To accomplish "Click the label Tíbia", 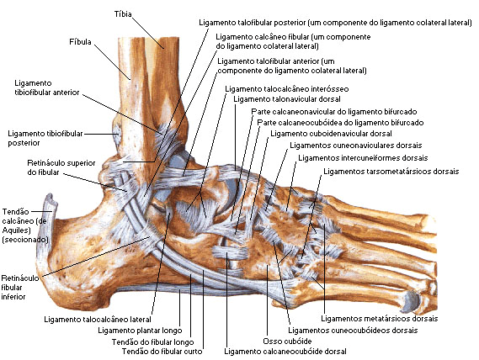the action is (123, 14).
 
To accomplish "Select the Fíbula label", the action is (80, 42).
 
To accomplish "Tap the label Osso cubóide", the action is (287, 341).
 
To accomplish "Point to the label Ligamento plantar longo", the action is (140, 331).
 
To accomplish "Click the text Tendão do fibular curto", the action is (162, 352).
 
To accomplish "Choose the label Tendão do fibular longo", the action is (152, 342).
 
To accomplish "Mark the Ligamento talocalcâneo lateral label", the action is (98, 320).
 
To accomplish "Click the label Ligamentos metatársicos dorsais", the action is (380, 319).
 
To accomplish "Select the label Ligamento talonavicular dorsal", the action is (287, 99).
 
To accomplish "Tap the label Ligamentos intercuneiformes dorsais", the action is (363, 158).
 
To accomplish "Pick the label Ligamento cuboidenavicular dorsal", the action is (331, 134).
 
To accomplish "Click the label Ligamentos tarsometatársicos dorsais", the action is (391, 172).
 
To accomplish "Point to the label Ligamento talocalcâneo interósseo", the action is (287, 89).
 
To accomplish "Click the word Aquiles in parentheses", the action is (15, 230).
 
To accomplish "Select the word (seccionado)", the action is (25, 240).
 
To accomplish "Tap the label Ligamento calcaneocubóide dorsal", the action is (285, 352).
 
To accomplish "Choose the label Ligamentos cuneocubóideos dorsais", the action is (353, 330).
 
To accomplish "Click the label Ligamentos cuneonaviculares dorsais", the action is (356, 146).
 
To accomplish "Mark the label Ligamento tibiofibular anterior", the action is (47, 87).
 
